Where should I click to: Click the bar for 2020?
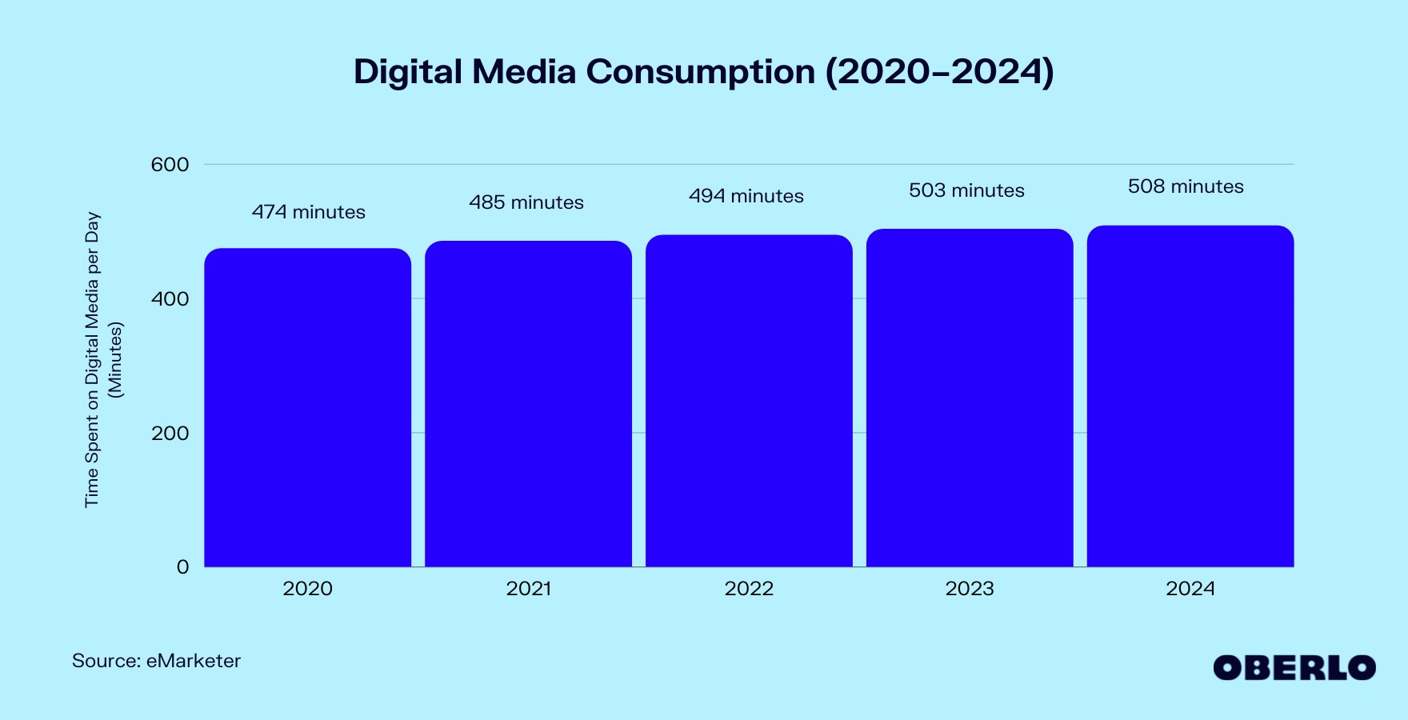coord(307,408)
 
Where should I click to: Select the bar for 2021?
coord(528,404)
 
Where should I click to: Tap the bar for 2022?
coord(749,400)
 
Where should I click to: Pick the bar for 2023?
coord(970,398)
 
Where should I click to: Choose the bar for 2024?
coord(1190,396)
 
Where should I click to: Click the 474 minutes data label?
coord(308,212)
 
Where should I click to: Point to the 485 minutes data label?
coord(526,202)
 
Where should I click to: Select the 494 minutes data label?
coord(746,196)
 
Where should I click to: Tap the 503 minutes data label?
coord(966,190)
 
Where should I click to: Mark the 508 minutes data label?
coord(1186,186)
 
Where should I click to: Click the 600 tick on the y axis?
coord(170,165)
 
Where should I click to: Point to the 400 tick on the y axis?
coord(170,299)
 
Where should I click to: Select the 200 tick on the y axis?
coord(170,434)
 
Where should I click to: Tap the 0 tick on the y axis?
coord(182,567)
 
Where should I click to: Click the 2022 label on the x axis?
coord(749,589)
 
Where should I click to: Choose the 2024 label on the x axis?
coord(1190,589)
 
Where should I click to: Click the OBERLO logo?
coord(1294,668)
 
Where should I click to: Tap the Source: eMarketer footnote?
coord(156,661)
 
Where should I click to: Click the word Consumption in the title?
coord(700,72)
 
